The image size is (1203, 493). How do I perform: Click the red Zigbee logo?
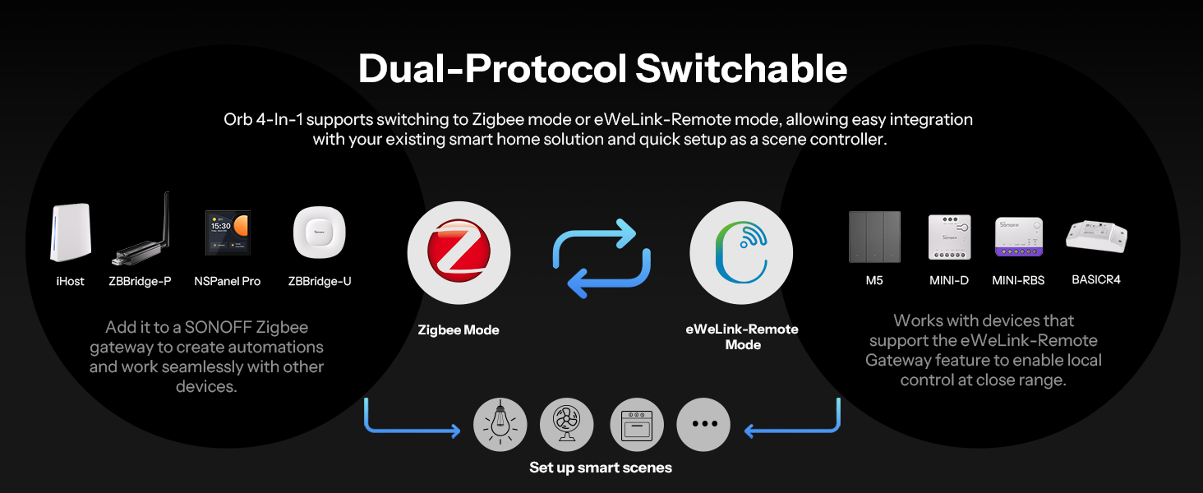459,251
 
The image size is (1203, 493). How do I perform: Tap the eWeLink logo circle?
741,252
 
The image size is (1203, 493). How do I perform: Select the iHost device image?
71,232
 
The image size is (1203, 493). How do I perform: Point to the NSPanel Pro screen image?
228,232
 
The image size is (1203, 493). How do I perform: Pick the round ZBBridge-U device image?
319,233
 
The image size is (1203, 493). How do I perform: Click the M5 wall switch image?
874,237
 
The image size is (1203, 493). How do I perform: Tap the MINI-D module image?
949,237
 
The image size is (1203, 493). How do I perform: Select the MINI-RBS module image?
1019,237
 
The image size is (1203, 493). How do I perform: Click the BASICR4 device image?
1096,237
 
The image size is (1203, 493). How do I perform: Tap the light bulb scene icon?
500,424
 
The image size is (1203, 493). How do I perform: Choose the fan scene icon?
567,424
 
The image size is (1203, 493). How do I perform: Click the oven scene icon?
637,424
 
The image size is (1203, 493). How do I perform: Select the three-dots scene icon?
703,424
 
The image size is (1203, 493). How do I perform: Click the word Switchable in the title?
741,69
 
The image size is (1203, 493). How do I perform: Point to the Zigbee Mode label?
459,329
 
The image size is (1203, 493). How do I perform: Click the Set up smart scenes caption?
601,468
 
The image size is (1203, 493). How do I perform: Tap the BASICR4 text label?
1096,280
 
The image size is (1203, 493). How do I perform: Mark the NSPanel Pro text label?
227,281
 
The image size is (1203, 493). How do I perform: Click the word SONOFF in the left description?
219,327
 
